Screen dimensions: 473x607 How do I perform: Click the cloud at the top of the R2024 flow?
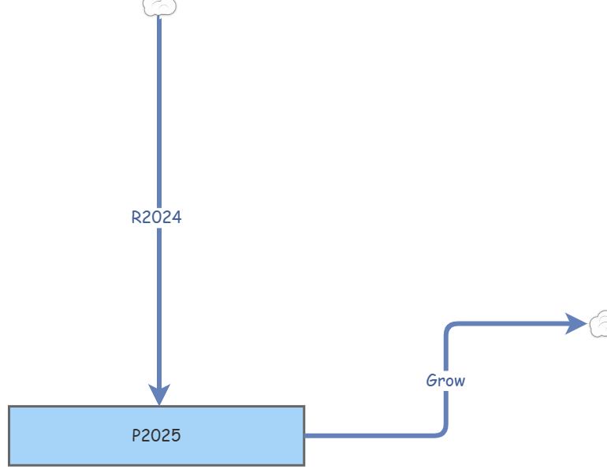coord(159,7)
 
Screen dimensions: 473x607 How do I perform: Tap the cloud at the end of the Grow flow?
coord(599,323)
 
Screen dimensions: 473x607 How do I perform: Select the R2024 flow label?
coord(156,218)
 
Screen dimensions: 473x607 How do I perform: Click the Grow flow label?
coord(445,381)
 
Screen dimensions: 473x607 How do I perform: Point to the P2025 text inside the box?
coord(156,435)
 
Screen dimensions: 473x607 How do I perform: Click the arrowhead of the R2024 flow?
coord(159,393)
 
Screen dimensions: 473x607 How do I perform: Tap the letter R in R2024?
coord(136,218)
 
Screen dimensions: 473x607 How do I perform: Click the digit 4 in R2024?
coord(177,218)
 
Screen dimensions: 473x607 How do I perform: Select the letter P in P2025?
coord(136,435)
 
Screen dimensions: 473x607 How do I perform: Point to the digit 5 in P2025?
coord(176,435)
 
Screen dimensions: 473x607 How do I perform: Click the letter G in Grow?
coord(432,381)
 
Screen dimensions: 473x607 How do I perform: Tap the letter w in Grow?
coord(460,381)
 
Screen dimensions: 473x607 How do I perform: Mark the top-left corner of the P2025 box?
coord(9,407)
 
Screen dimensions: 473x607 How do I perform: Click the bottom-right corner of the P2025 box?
coord(303,464)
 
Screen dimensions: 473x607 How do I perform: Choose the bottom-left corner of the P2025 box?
coord(9,464)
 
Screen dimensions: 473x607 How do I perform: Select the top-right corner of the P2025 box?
coord(303,407)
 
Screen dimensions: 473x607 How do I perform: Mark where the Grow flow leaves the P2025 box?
coord(305,435)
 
